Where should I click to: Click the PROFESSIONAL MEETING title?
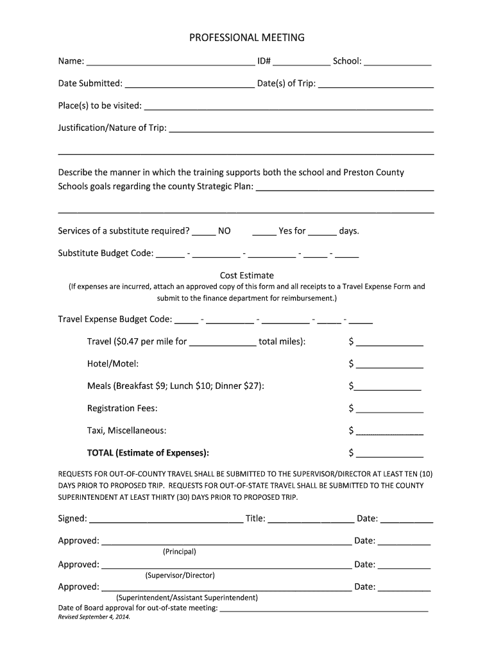pyautogui.click(x=246, y=38)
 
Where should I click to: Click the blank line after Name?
pyautogui.click(x=170, y=63)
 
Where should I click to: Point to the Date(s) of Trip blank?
pyautogui.click(x=376, y=85)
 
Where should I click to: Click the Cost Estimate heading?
pyautogui.click(x=246, y=275)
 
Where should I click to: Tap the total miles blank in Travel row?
pyautogui.click(x=223, y=343)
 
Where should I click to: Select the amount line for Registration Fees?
pyautogui.click(x=389, y=410)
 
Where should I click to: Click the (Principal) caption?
pyautogui.click(x=180, y=552)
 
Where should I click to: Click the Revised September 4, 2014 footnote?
pyautogui.click(x=94, y=617)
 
